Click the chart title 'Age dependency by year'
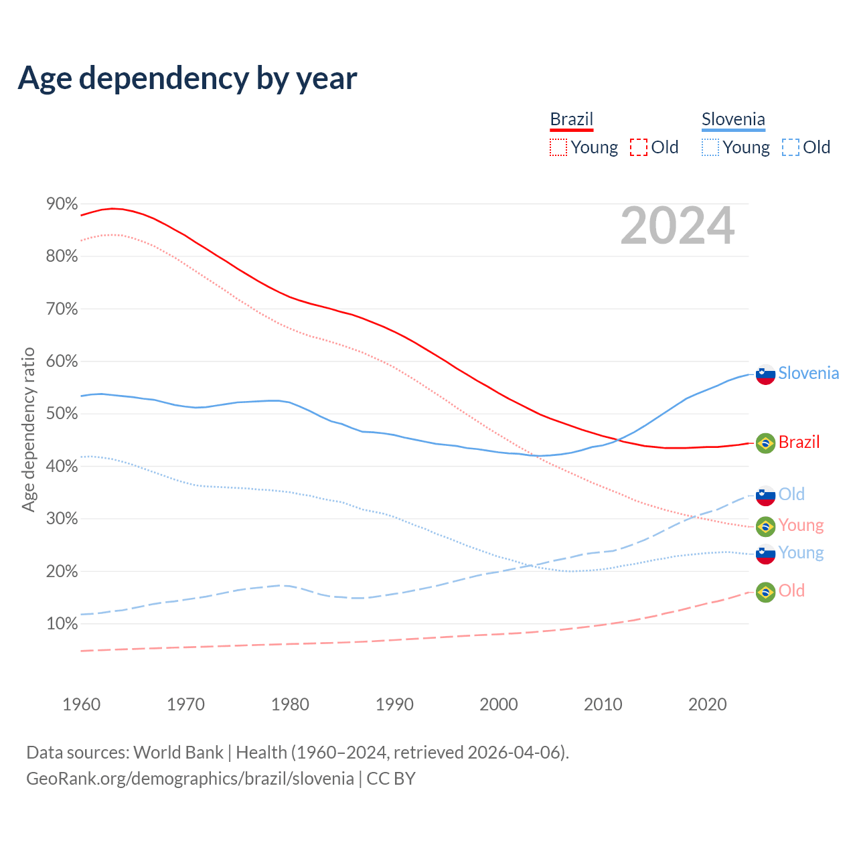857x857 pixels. click(x=187, y=78)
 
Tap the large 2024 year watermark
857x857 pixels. click(x=678, y=226)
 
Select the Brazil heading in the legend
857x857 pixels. click(x=572, y=119)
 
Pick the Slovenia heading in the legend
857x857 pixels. click(x=733, y=119)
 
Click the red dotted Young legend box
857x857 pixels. click(x=558, y=147)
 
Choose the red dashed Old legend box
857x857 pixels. click(x=639, y=147)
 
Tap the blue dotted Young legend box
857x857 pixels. click(x=710, y=147)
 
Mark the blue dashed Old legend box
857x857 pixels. click(x=791, y=147)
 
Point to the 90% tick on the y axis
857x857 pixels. click(x=62, y=204)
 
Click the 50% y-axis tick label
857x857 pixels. click(x=62, y=414)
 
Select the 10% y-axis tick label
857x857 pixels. click(x=62, y=624)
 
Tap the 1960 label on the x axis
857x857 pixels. click(x=81, y=704)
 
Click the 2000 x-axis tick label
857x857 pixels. click(x=499, y=704)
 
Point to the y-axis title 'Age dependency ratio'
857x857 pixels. click(x=28, y=429)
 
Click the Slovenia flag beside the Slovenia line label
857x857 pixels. click(x=765, y=374)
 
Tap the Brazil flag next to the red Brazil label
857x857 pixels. click(x=765, y=443)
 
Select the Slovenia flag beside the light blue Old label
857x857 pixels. click(x=765, y=495)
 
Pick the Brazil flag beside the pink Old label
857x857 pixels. click(x=765, y=592)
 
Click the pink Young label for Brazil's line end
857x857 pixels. click(x=801, y=526)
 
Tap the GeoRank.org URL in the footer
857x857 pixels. click(x=190, y=779)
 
